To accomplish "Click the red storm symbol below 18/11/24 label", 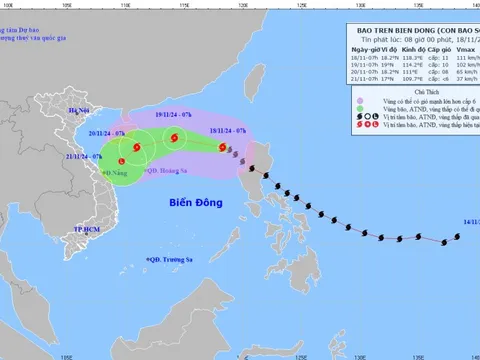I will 217,147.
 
